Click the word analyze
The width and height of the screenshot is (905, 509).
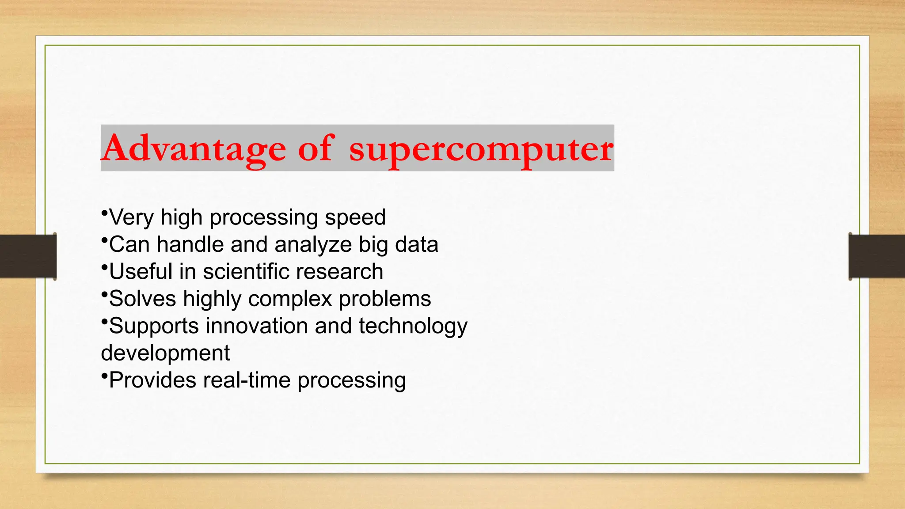(313, 245)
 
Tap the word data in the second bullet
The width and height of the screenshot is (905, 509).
(416, 244)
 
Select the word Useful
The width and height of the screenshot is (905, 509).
(141, 271)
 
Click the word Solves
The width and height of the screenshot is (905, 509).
(142, 299)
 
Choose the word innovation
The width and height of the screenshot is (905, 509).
(257, 326)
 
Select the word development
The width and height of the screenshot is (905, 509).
(165, 353)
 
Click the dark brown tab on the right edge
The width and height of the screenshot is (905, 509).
(877, 256)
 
